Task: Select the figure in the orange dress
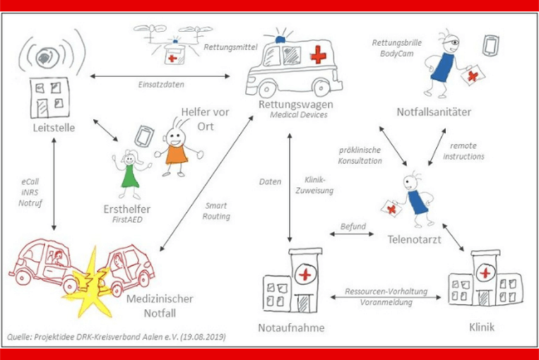176,149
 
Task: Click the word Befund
353,225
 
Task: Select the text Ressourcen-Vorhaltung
386,292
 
